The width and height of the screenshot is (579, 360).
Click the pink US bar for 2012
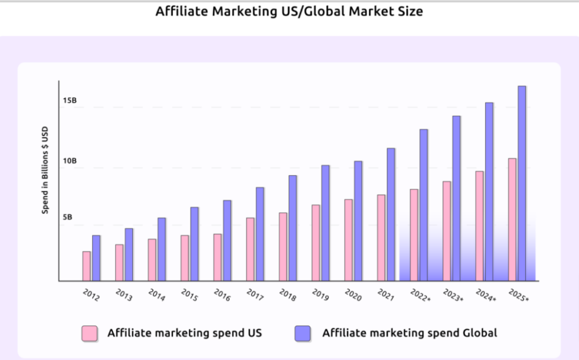tap(87, 266)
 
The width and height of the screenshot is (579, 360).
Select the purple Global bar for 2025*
tap(522, 184)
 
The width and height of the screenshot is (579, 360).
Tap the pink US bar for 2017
tap(250, 249)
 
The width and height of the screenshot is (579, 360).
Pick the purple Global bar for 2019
tap(325, 223)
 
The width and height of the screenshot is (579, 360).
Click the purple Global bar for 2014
tap(162, 249)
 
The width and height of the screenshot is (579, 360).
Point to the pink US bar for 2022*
tap(414, 235)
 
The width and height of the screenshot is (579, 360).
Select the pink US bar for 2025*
tap(512, 220)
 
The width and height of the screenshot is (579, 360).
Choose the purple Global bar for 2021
tap(391, 214)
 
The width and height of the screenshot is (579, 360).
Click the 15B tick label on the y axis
tap(70, 101)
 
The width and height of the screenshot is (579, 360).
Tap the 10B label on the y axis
tap(70, 161)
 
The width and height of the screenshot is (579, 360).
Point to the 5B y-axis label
tap(68, 217)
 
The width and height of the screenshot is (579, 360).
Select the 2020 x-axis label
tap(354, 295)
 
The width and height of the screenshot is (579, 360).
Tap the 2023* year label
tap(453, 296)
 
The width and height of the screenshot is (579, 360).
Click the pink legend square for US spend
tap(89, 333)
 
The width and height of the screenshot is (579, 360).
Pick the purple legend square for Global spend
tap(302, 333)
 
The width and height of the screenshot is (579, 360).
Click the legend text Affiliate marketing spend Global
tap(410, 333)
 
